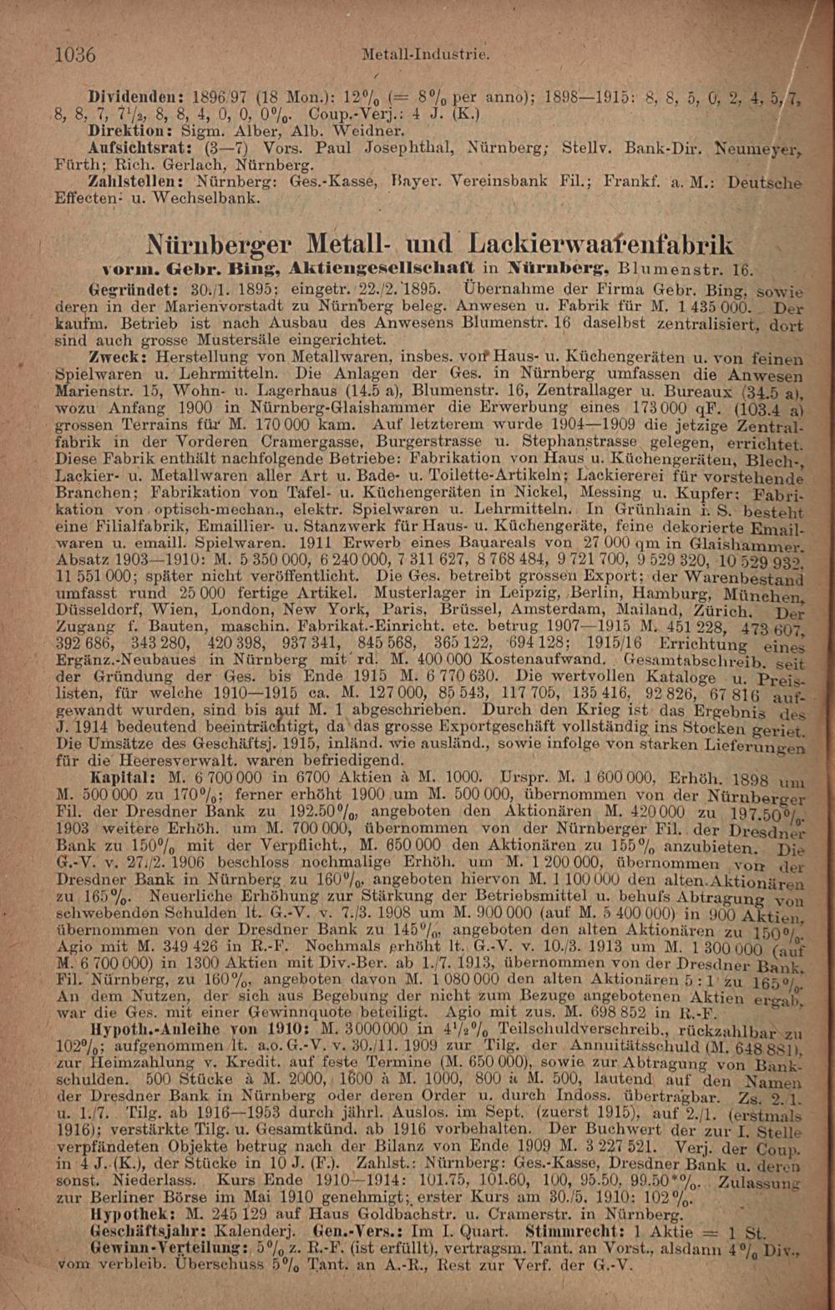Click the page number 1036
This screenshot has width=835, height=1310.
click(74, 55)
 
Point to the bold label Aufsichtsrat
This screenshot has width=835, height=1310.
click(137, 145)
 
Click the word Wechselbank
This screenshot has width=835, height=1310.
click(213, 198)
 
